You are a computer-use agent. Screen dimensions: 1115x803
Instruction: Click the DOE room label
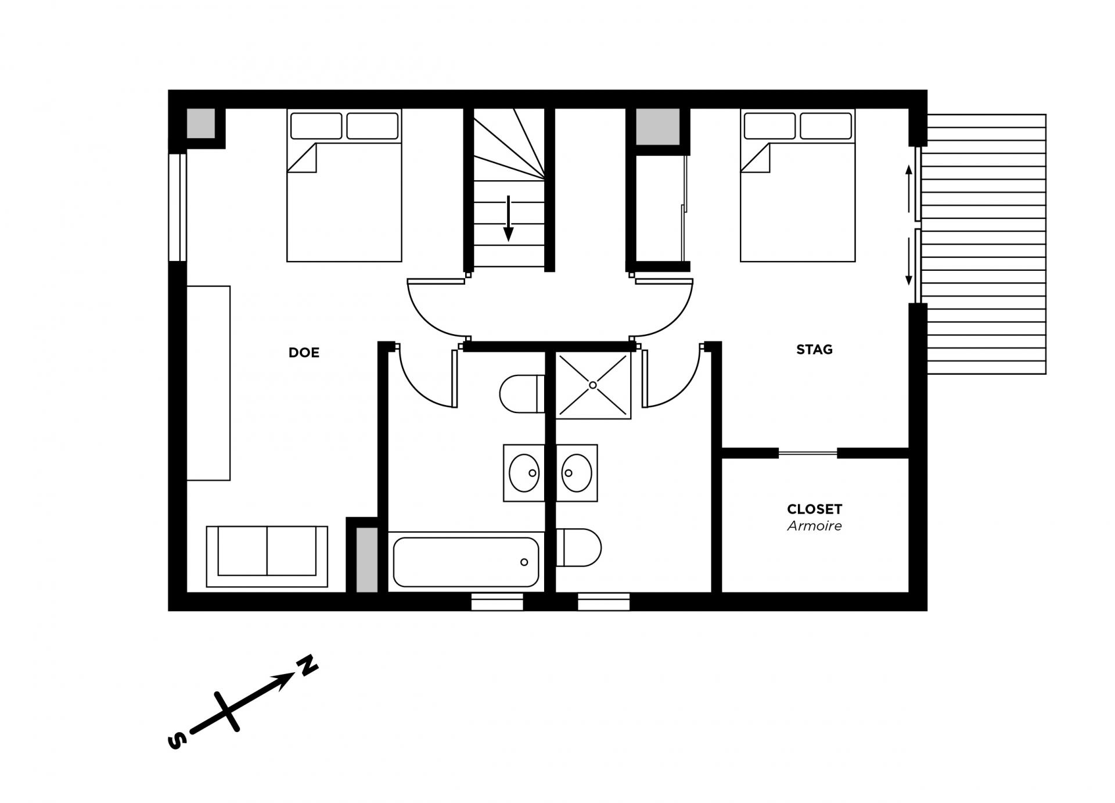click(304, 353)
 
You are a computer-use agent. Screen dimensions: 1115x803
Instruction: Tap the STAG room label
click(814, 350)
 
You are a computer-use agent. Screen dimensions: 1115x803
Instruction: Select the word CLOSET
click(814, 509)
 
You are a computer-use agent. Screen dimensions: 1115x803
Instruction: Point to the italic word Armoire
click(814, 526)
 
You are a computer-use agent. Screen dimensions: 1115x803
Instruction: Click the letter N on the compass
click(308, 665)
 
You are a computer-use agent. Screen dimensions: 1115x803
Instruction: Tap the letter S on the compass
click(177, 741)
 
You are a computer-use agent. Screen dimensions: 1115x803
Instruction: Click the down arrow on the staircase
click(508, 218)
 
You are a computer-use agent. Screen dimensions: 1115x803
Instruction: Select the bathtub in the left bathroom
click(466, 562)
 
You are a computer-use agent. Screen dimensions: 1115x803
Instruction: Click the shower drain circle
click(593, 385)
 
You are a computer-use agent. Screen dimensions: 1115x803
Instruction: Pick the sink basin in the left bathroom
click(524, 473)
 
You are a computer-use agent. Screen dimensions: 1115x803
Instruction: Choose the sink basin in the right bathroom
click(577, 473)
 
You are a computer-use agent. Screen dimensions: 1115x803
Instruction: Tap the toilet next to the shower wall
click(522, 394)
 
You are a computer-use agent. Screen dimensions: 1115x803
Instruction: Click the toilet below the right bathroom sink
click(579, 547)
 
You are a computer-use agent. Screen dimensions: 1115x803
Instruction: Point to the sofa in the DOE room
click(267, 557)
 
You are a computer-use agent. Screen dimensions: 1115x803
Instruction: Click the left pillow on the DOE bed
click(316, 126)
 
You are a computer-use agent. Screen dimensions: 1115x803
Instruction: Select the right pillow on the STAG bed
click(826, 126)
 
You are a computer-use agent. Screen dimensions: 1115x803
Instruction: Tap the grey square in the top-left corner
click(200, 123)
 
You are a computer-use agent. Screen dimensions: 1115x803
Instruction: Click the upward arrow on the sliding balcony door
click(909, 189)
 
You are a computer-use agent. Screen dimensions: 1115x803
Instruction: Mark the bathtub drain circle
click(524, 562)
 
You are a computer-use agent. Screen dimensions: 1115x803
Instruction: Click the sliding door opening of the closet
click(808, 453)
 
